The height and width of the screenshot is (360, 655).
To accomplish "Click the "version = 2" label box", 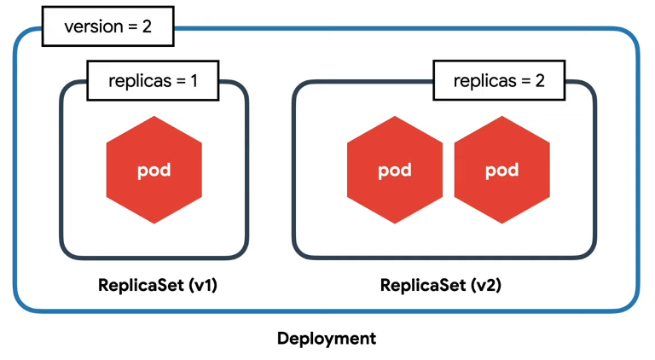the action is pyautogui.click(x=107, y=26).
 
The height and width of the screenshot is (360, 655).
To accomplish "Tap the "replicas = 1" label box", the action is pyautogui.click(x=153, y=80).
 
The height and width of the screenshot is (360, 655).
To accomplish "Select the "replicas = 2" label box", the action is pyautogui.click(x=499, y=80).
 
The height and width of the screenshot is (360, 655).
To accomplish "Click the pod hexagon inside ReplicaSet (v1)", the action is pyautogui.click(x=154, y=170).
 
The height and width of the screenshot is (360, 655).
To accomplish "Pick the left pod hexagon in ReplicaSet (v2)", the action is pyautogui.click(x=395, y=170).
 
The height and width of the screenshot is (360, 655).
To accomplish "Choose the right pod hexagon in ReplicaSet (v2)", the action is pyautogui.click(x=501, y=170).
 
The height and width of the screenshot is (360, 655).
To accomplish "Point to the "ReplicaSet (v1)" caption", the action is pyautogui.click(x=158, y=285).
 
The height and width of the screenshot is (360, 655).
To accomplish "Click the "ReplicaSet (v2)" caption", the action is pyautogui.click(x=441, y=285).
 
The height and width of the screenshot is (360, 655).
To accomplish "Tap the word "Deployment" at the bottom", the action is pyautogui.click(x=327, y=339).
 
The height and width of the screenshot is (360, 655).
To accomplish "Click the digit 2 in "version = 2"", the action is pyautogui.click(x=147, y=26).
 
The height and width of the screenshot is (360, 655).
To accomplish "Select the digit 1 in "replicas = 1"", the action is pyautogui.click(x=194, y=80).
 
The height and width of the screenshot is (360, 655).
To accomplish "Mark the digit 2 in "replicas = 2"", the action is pyautogui.click(x=540, y=80).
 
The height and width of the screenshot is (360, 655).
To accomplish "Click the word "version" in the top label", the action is pyautogui.click(x=94, y=26).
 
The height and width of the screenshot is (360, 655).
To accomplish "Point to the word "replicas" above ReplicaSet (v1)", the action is pyautogui.click(x=140, y=81).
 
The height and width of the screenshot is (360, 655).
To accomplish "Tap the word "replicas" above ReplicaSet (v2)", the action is pyautogui.click(x=485, y=81).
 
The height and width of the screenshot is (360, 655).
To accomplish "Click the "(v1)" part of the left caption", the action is pyautogui.click(x=203, y=286).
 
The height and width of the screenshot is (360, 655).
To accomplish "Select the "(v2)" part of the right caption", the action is pyautogui.click(x=486, y=286).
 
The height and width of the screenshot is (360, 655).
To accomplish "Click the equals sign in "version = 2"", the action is pyautogui.click(x=133, y=27).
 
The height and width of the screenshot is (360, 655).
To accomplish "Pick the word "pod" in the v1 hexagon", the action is pyautogui.click(x=154, y=171).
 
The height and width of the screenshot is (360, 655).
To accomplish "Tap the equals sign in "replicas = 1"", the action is pyautogui.click(x=181, y=81).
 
